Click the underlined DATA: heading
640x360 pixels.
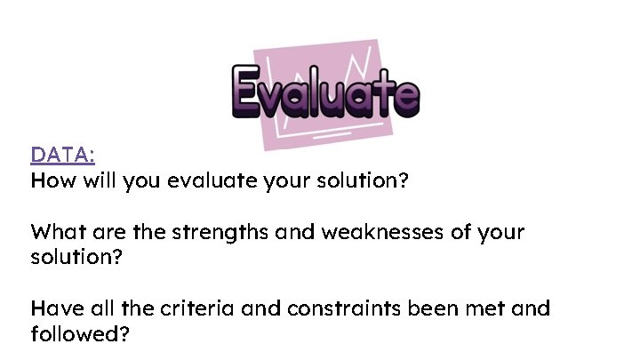[62, 156]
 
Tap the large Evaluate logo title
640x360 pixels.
[324, 92]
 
